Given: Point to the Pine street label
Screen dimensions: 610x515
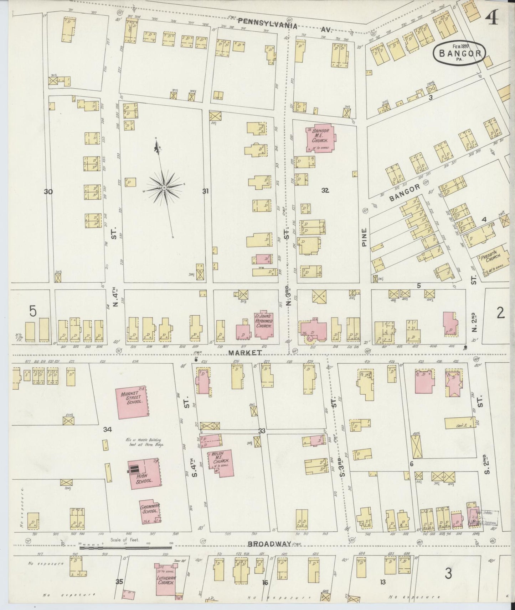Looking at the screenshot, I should (x=364, y=238).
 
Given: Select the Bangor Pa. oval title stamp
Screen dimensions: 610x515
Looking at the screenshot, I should (x=459, y=54).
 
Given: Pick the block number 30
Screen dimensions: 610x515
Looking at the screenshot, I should (x=48, y=192).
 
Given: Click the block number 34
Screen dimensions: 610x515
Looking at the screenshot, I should (x=108, y=430).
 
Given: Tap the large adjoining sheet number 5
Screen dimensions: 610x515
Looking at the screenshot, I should (x=33, y=311).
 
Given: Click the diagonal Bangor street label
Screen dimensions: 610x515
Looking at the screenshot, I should (x=405, y=193).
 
